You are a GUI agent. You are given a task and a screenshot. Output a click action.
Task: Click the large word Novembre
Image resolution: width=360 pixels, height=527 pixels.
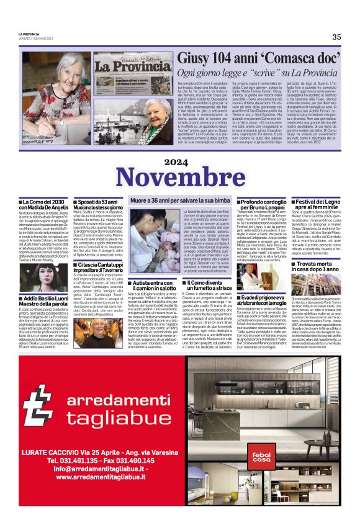pos(181,179)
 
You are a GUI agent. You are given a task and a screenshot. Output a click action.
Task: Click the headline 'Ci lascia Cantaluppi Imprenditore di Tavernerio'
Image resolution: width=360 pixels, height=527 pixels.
pos(98,267)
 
